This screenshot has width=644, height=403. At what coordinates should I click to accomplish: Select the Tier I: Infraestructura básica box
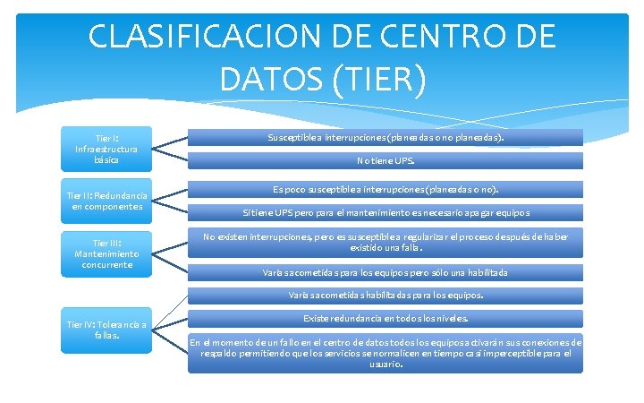click(106, 149)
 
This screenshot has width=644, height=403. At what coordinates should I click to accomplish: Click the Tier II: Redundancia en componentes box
click(106, 201)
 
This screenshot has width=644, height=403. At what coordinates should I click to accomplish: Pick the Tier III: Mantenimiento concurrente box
click(106, 253)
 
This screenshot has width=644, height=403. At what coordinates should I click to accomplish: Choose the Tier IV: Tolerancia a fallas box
click(106, 330)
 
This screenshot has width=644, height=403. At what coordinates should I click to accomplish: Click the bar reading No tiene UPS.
click(386, 162)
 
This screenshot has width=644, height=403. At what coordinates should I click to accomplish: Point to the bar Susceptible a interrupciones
click(386, 138)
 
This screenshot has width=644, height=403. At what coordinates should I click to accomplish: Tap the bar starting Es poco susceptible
click(386, 190)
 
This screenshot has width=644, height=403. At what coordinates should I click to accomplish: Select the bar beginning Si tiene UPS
click(386, 213)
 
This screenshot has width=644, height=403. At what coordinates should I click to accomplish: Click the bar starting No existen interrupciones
click(386, 241)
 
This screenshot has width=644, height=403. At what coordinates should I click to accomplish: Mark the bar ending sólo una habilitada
click(386, 272)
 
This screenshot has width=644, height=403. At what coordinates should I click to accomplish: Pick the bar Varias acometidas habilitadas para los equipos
click(386, 295)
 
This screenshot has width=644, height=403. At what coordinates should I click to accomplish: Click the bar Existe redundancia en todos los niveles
click(386, 318)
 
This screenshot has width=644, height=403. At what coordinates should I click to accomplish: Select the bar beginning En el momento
click(386, 353)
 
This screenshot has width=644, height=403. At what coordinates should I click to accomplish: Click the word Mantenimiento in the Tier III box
click(106, 253)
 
